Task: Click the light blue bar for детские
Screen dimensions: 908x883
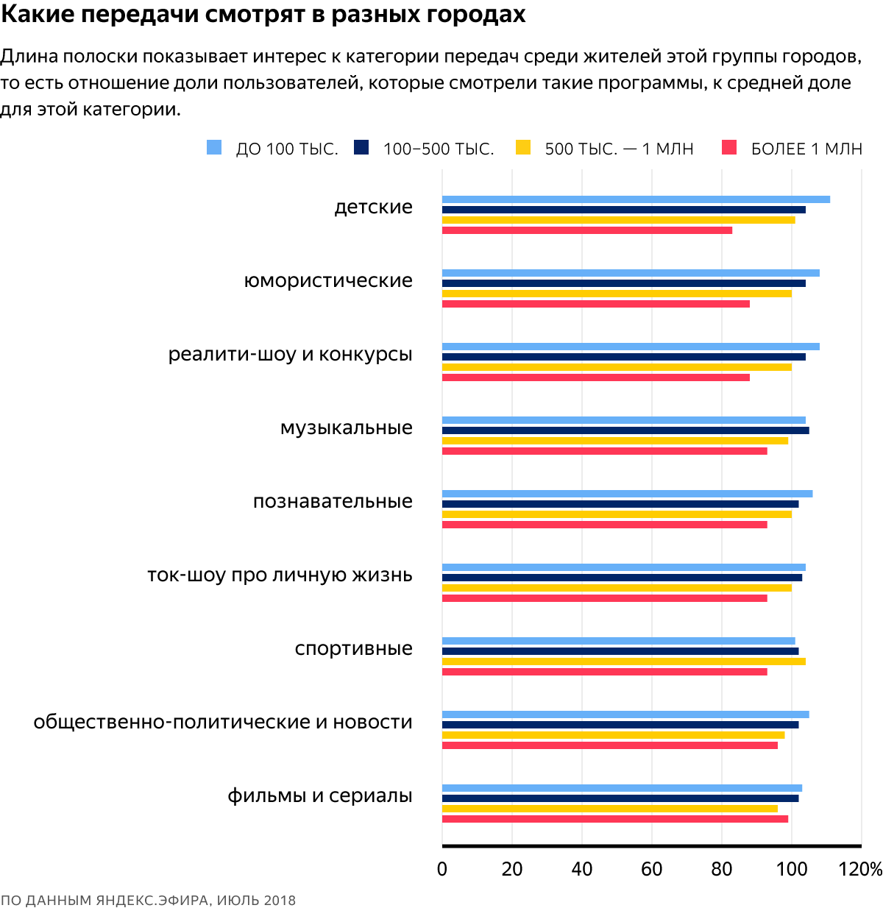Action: pyautogui.click(x=636, y=199)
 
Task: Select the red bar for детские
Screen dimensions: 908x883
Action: pyautogui.click(x=587, y=230)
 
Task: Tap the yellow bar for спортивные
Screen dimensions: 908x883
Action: pyautogui.click(x=623, y=662)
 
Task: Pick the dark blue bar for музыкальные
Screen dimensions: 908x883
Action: pyautogui.click(x=625, y=430)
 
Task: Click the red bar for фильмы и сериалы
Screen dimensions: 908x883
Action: pyautogui.click(x=614, y=819)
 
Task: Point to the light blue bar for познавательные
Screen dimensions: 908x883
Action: pyautogui.click(x=627, y=494)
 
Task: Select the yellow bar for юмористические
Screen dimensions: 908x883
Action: pyautogui.click(x=617, y=294)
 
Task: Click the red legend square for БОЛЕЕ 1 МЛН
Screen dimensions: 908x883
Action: pyautogui.click(x=729, y=147)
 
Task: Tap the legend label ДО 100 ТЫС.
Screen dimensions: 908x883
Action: pyautogui.click(x=286, y=149)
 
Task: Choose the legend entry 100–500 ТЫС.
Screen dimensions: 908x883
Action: pyautogui.click(x=438, y=149)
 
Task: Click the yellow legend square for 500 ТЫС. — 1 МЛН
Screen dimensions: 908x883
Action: pyautogui.click(x=523, y=147)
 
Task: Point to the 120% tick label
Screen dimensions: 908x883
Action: pyautogui.click(x=860, y=870)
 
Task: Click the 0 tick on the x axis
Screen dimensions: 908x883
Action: pyautogui.click(x=442, y=870)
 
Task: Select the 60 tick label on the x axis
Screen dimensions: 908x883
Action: pyautogui.click(x=651, y=870)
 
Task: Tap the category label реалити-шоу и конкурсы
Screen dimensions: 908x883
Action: pyautogui.click(x=290, y=355)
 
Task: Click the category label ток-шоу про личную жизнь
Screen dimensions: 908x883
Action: pyautogui.click(x=280, y=575)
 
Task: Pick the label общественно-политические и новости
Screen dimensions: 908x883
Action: pyautogui.click(x=222, y=723)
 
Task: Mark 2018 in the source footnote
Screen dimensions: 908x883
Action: pyautogui.click(x=280, y=901)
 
